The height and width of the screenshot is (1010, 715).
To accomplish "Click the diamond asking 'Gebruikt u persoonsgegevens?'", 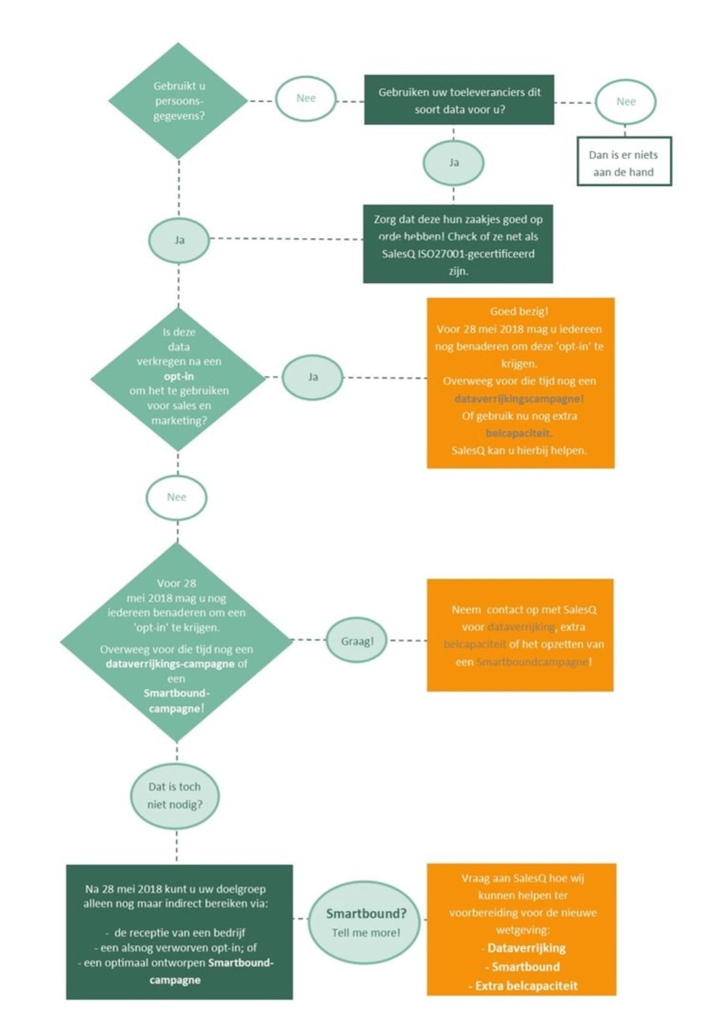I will tap(178, 101).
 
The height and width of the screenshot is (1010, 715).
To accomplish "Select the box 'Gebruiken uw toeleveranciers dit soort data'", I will tap(459, 100).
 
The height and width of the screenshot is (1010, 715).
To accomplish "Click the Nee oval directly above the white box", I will tap(626, 102).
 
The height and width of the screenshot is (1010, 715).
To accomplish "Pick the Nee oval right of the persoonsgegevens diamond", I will tap(306, 99).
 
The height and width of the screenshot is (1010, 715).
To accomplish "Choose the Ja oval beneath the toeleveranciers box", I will tap(454, 163).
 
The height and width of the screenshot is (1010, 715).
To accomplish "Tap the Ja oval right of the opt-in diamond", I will tap(313, 377).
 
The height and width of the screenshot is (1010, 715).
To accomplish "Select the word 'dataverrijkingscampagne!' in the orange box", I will tap(520, 399).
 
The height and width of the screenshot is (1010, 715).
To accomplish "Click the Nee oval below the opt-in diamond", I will tap(176, 497).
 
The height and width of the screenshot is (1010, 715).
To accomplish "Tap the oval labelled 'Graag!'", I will tap(356, 640).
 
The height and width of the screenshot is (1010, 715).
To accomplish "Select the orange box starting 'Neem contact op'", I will tap(520, 635).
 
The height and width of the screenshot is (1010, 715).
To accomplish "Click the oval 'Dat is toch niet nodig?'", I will tap(175, 795).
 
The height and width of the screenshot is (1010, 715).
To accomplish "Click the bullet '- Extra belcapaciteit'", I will tap(522, 985).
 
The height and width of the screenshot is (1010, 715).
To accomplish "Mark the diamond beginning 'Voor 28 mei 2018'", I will tap(177, 642).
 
